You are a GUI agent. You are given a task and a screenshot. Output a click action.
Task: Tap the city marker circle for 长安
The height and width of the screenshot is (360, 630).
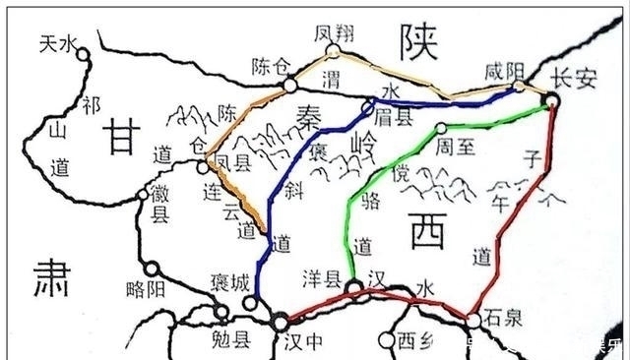(552, 99)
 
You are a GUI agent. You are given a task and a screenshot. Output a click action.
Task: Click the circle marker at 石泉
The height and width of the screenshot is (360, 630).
(474, 320)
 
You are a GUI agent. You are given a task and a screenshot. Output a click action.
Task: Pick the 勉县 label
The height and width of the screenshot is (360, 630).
(232, 341)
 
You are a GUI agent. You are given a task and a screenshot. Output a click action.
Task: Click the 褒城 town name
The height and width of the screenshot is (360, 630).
(230, 283)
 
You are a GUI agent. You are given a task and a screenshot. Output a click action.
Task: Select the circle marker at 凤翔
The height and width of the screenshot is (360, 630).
(333, 52)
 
